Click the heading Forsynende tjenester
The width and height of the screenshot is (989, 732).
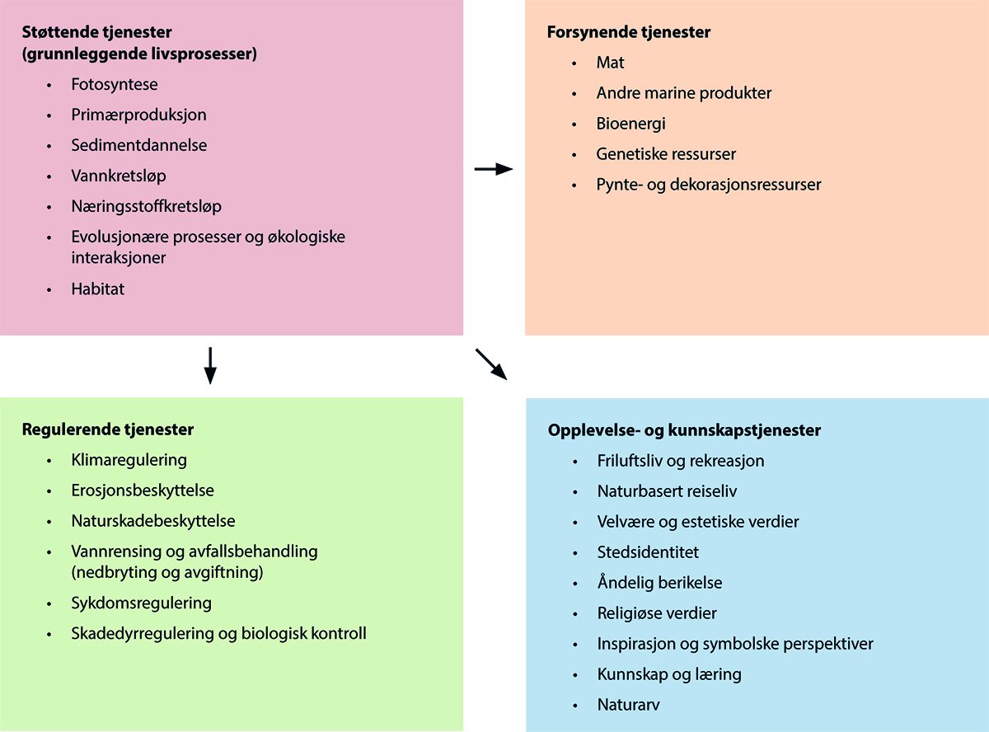click(628, 33)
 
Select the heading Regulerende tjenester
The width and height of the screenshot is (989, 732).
click(108, 429)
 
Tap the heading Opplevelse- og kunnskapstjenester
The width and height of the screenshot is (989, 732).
click(684, 430)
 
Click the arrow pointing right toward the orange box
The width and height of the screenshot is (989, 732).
click(494, 169)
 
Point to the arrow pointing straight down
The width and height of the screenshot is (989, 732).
click(210, 365)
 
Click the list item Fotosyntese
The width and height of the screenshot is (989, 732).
click(115, 84)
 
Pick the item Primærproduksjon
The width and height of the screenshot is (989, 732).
click(138, 115)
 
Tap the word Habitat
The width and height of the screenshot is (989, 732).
click(97, 289)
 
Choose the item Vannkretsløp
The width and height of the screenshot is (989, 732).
click(119, 176)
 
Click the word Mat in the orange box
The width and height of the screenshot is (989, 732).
click(611, 63)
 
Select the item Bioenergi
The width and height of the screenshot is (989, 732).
click(630, 124)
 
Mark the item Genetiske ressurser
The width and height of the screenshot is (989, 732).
click(666, 154)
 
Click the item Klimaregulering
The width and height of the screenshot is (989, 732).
click(129, 460)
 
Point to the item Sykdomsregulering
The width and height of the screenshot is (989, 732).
click(141, 603)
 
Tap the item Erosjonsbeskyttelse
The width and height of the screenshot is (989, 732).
click(143, 490)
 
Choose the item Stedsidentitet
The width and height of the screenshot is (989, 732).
click(648, 552)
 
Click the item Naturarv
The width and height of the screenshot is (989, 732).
click(628, 705)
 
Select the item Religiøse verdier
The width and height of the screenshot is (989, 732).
click(657, 613)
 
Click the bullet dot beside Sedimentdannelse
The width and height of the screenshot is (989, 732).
click(50, 146)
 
